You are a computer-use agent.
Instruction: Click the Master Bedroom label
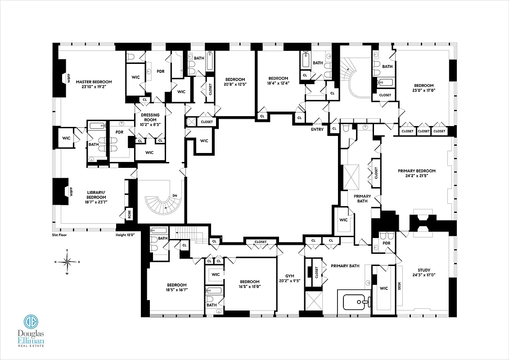[x=94, y=82]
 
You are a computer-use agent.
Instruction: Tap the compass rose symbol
[x=67, y=261]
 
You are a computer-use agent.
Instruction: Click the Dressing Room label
[x=149, y=115]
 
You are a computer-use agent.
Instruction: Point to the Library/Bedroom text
[x=96, y=195]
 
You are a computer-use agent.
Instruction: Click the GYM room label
[x=290, y=276]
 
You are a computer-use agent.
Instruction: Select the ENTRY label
[x=317, y=130]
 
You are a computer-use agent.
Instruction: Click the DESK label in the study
[x=399, y=285]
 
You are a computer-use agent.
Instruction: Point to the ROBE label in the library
[x=130, y=215]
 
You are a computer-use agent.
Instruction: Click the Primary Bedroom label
[x=416, y=171]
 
